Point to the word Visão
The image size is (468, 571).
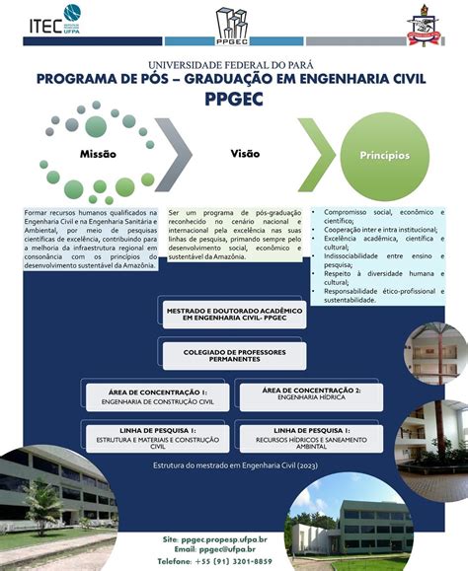pos(245,154)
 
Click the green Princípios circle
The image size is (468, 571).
pos(383,155)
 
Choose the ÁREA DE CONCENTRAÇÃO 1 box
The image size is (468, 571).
pos(151,396)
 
